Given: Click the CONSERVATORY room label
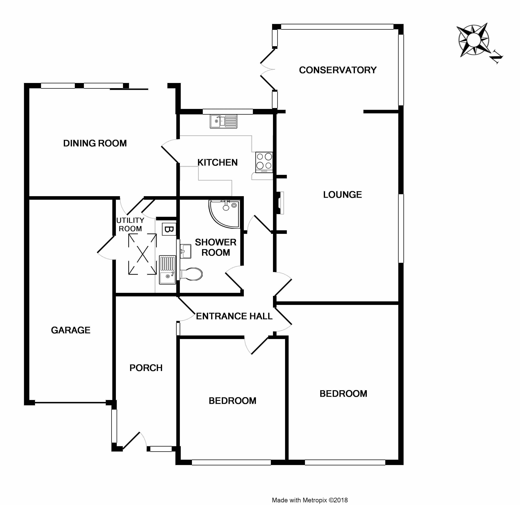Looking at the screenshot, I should point(337,70).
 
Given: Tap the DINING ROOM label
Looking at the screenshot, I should point(95,143).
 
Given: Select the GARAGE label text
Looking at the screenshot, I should point(71,330).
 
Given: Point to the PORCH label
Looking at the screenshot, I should point(146,368).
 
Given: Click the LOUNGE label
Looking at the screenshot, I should point(342,195).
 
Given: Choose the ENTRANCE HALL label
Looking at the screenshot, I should point(234,316).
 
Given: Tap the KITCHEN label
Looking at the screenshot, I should point(217,162).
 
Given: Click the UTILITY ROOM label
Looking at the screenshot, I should point(130,224).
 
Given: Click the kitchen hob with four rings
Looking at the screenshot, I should point(264,162).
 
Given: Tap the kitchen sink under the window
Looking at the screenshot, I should point(223,122).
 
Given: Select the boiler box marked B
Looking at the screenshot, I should point(169,229).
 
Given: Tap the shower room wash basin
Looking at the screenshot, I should point(186,251).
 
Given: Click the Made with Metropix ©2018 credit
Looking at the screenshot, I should point(310,500).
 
